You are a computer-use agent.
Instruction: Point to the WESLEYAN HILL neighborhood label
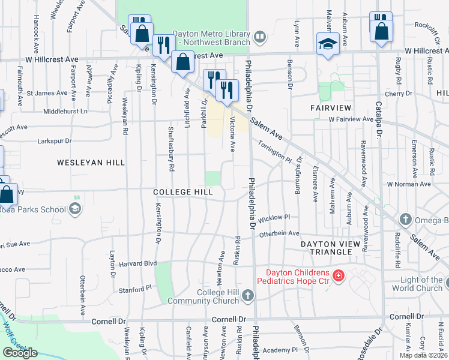point(91,163)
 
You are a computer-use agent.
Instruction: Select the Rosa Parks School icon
point(76,209)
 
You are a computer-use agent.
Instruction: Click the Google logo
point(20,352)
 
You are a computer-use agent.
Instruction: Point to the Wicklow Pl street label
point(274,217)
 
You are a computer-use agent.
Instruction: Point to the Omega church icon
point(406,220)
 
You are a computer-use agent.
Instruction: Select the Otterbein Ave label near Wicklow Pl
point(278,233)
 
